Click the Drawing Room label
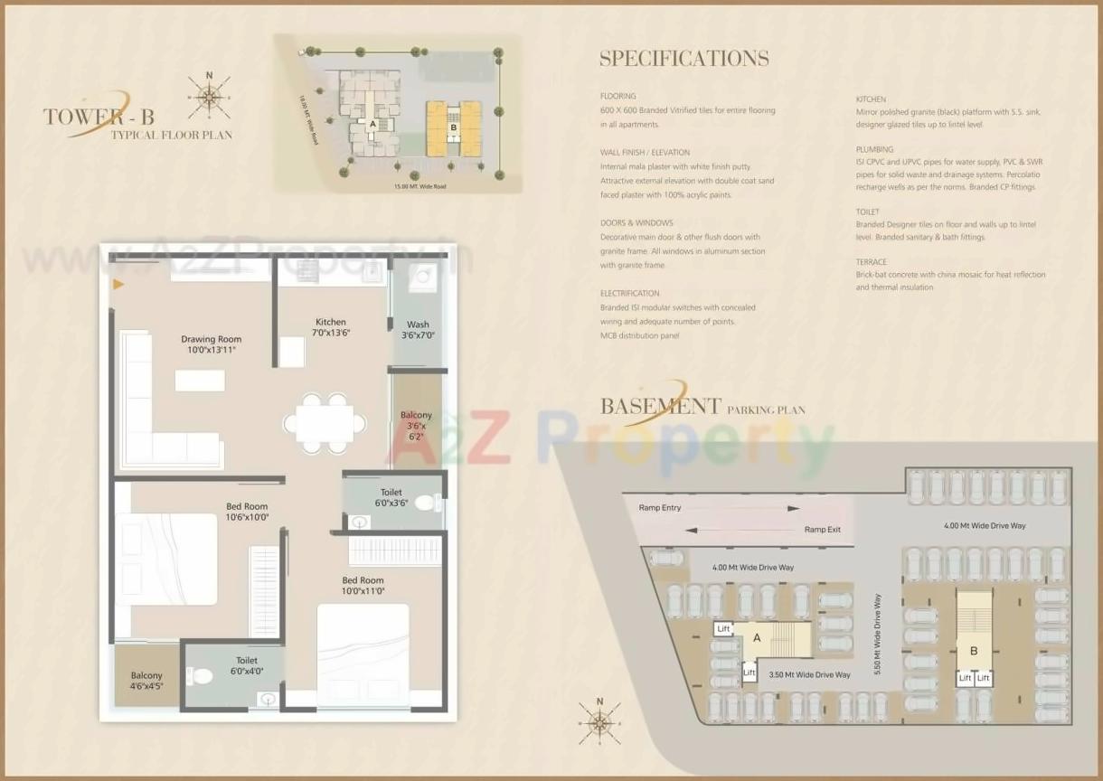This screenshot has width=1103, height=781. coord(211,340)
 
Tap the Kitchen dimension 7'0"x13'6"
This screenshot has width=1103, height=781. coord(331,333)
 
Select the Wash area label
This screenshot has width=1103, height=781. coord(418,325)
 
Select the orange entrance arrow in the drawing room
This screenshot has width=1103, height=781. coord(118,285)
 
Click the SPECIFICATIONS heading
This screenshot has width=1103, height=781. coord(684,59)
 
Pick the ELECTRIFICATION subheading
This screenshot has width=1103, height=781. coord(629,294)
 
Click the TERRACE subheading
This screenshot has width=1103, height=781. coord(872,261)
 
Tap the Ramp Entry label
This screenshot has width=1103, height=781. coord(660,508)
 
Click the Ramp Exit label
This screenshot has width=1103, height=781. coord(823,530)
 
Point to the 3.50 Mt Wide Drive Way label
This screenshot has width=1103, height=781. coord(809,675)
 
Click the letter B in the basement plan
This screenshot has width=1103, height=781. coord(974,651)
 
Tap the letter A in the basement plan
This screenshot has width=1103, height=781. coord(757,638)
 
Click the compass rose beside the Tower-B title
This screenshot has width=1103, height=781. coord(209,97)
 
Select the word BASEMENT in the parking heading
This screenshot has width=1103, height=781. coord(661,406)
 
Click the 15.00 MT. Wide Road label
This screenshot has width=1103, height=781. coord(420,187)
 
